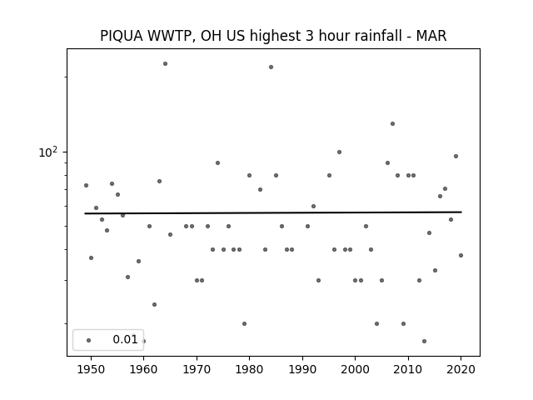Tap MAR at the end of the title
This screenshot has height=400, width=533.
click(431, 36)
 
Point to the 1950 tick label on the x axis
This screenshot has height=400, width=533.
click(91, 369)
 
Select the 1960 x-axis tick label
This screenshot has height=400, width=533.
click(143, 369)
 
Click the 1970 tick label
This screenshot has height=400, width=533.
click(197, 369)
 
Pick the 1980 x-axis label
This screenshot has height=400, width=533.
click(249, 369)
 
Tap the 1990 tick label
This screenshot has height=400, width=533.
click(302, 369)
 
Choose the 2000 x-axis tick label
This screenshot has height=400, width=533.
click(356, 369)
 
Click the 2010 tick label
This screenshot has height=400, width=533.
click(408, 369)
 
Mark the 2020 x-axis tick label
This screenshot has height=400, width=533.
click(461, 369)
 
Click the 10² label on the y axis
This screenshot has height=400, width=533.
click(48, 152)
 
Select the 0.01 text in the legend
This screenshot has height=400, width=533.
click(125, 339)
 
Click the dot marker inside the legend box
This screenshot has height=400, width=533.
click(89, 340)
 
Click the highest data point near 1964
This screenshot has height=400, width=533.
click(165, 63)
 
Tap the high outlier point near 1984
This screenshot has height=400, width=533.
click(271, 67)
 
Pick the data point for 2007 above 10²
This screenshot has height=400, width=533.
click(392, 124)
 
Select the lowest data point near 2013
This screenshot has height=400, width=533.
click(424, 341)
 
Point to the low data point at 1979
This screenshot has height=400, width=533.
click(244, 324)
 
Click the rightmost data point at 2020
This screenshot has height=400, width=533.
click(461, 256)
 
